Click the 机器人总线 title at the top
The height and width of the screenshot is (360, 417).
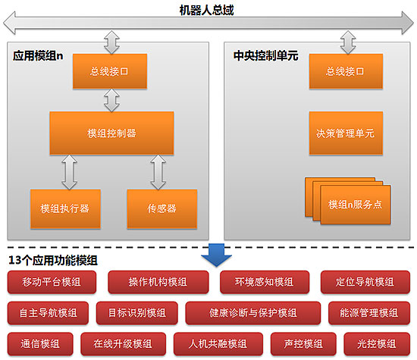(207, 11)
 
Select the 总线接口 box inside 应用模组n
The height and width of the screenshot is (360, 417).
(110, 71)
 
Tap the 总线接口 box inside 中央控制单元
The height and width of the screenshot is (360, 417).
(346, 71)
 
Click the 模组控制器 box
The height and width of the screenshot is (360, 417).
(111, 133)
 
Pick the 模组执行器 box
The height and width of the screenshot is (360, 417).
(65, 208)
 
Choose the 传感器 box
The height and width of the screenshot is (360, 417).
(162, 208)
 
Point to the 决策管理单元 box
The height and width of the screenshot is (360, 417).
(346, 133)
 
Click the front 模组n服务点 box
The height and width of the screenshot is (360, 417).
(356, 205)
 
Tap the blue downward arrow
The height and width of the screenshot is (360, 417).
(217, 255)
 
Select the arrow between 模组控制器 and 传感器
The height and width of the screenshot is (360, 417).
(158, 172)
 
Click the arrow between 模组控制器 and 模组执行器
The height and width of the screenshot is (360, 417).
(70, 172)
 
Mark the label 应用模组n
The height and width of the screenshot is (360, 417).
(38, 56)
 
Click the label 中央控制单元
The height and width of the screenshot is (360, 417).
(265, 56)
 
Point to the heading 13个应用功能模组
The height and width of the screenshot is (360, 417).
(53, 260)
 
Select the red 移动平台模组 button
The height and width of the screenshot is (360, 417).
(52, 282)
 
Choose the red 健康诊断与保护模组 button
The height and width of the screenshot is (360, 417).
(253, 313)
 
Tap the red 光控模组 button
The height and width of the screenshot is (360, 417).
(377, 344)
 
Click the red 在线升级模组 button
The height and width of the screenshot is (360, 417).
(124, 344)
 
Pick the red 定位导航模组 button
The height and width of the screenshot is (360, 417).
(365, 282)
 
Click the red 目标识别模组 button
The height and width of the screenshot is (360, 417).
(137, 313)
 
